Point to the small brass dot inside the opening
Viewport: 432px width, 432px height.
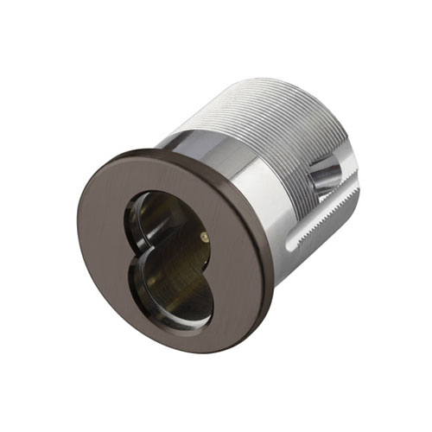(x=204, y=236)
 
